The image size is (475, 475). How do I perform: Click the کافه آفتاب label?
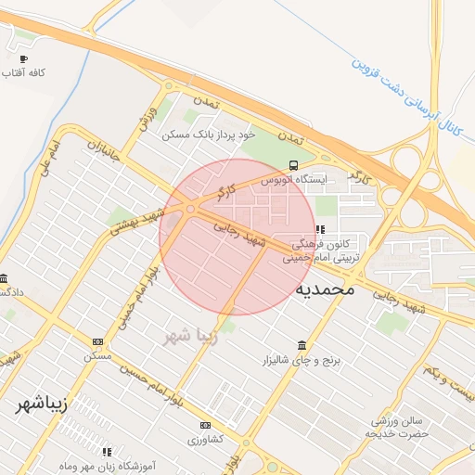[x=25, y=72]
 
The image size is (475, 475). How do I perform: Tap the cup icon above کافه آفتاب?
[x=24, y=59]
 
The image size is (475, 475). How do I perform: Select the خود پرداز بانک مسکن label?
[x=207, y=135]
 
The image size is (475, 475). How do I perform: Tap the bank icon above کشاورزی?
[x=206, y=425]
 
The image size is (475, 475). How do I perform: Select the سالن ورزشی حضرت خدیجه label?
[x=399, y=427]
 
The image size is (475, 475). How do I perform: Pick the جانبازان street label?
[x=105, y=155]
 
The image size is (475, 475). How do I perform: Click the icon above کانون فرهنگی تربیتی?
[x=320, y=229]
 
